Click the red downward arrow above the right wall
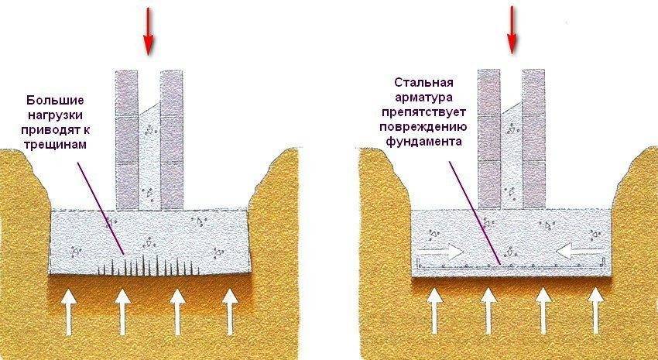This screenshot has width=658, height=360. coord(512,31)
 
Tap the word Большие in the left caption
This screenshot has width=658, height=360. coord(55,101)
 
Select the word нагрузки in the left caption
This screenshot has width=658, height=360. coord(55,116)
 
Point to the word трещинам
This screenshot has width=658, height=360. coord(55,145)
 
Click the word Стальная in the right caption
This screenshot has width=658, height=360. coord(423,82)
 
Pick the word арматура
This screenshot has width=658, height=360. coord(423,97)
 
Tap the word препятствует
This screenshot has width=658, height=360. coord(423,111)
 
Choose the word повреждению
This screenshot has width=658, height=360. coord(423,127)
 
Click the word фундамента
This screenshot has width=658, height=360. coord(423,142)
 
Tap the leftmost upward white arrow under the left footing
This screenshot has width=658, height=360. coord(67,309)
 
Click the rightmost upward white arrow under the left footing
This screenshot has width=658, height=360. coord(230,309)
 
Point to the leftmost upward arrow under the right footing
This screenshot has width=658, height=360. coord(435,309)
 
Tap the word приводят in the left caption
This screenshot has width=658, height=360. coord(55,130)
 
